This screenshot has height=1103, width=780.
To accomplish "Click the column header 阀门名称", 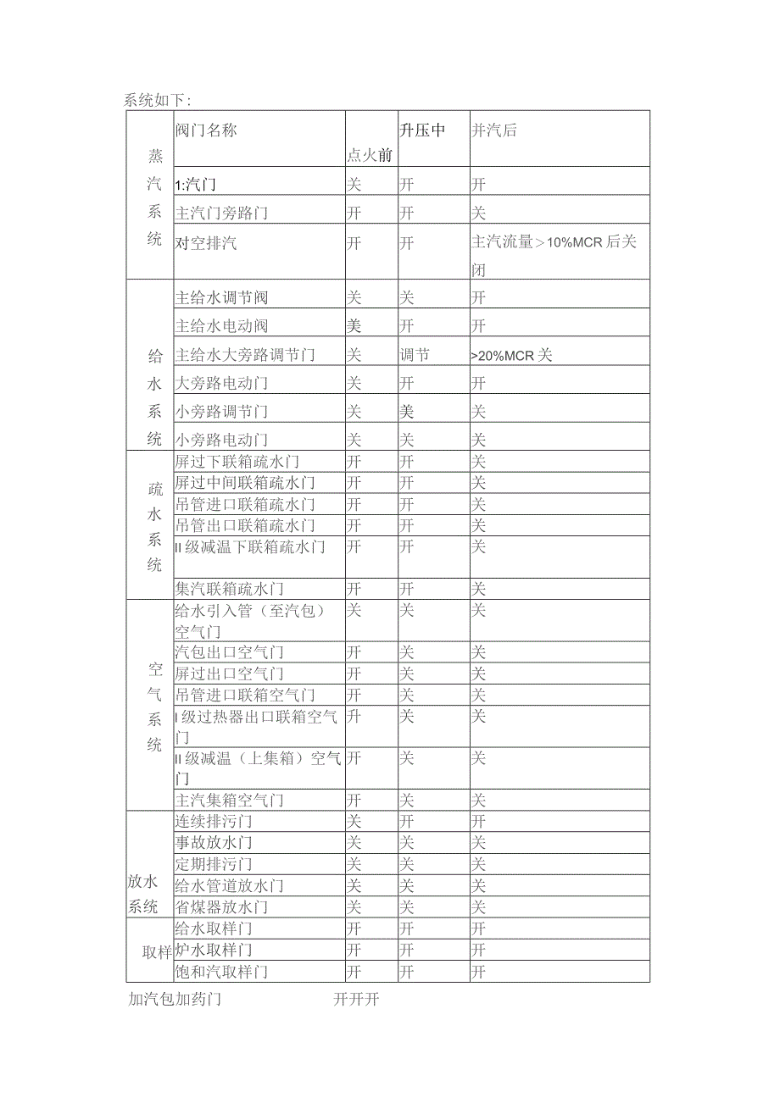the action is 206,130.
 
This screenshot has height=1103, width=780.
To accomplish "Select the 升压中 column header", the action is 422,130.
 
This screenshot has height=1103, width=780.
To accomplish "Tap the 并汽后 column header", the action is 494,130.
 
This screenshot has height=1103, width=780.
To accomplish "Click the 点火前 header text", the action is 370,155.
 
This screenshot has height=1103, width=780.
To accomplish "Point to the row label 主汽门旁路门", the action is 221,213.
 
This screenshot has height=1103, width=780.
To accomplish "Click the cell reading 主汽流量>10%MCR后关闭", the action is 554,254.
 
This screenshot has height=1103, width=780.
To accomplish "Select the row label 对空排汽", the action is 206,243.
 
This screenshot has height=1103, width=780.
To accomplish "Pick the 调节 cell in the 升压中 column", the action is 415,355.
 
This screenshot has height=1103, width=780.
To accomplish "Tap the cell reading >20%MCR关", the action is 511,355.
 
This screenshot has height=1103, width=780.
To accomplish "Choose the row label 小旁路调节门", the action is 221,412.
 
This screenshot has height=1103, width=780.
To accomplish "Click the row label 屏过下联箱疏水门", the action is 237,462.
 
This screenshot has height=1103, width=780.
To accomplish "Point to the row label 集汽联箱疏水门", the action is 229,589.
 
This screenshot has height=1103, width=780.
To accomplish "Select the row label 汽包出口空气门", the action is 229,652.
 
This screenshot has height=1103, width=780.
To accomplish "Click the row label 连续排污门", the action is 214,822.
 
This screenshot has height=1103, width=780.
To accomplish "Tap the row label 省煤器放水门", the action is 221,907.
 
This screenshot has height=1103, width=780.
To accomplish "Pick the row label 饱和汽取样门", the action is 221,972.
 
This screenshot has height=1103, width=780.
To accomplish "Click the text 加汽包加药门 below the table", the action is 175,1000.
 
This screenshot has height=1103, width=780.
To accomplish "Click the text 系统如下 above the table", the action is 158,100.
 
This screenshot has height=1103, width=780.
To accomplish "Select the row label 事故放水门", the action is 214,843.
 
